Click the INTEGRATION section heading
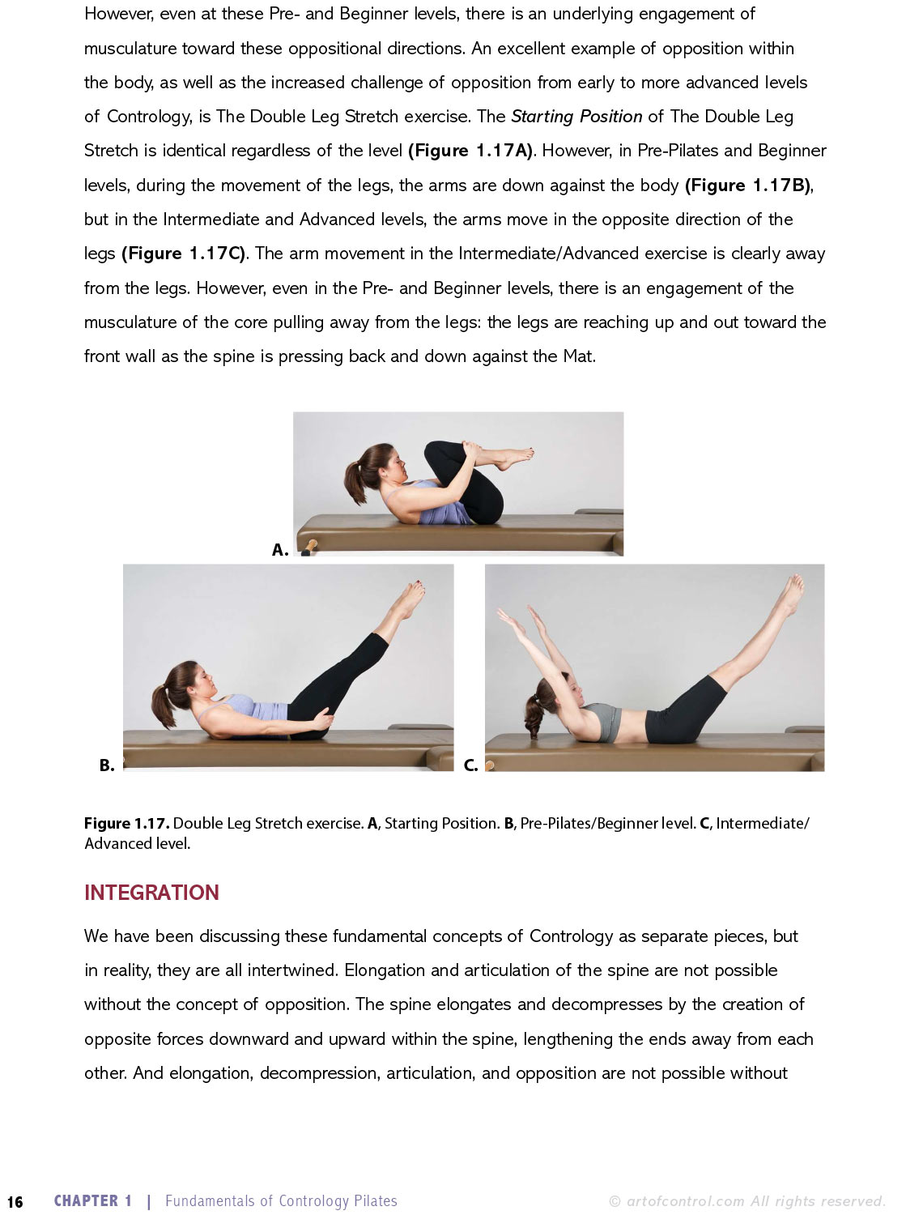pos(151,893)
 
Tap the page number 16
pos(15,1202)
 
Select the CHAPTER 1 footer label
pos(93,1201)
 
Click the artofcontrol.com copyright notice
pos(746,1201)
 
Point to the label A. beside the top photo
pos(280,550)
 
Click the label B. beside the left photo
pos(107,765)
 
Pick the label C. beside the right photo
pos(470,765)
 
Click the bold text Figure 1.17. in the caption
pos(126,824)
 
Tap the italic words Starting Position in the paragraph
pos(576,117)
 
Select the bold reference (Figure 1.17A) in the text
pos(471,151)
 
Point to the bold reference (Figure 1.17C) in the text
pos(185,254)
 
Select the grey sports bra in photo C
pos(602,721)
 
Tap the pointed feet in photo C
pos(790,594)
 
